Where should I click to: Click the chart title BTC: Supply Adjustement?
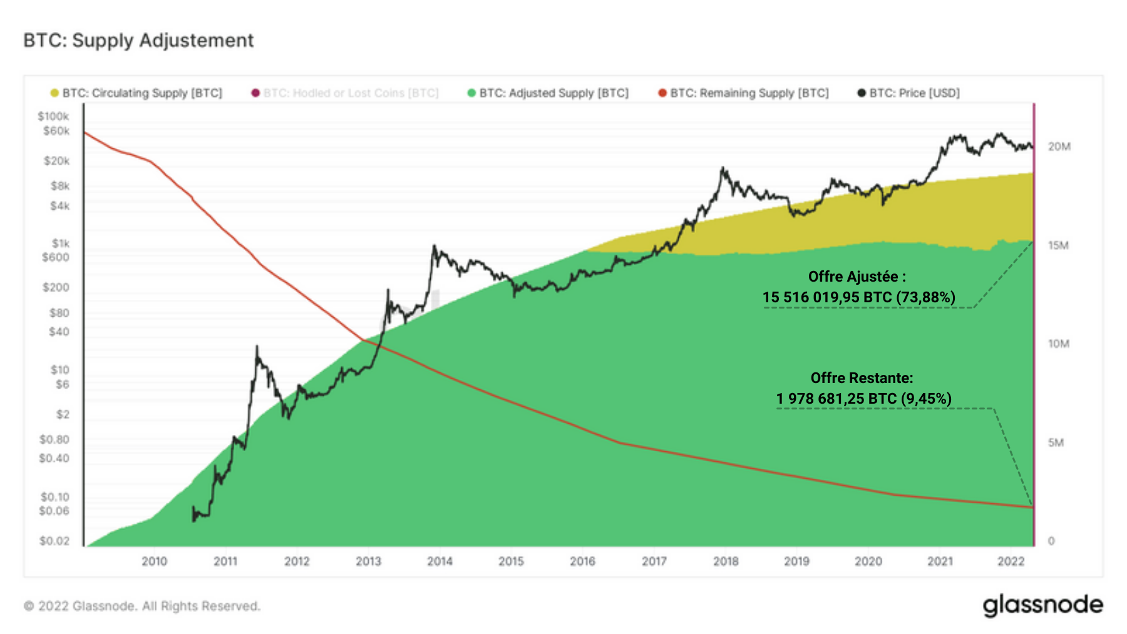pyautogui.click(x=138, y=41)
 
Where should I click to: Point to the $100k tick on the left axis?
pyautogui.click(x=53, y=116)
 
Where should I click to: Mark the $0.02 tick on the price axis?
pyautogui.click(x=54, y=541)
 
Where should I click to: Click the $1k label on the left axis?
pyautogui.click(x=61, y=243)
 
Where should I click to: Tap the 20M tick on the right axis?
pyautogui.click(x=1059, y=146)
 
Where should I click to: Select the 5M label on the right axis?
pyautogui.click(x=1056, y=442)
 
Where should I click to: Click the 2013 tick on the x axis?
pyautogui.click(x=368, y=561)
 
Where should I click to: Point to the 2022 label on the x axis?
pyautogui.click(x=1011, y=561)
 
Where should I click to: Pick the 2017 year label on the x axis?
pyautogui.click(x=654, y=561)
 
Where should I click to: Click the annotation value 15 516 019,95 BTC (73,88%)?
pyautogui.click(x=858, y=297)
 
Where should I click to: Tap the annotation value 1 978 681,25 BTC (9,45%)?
pyautogui.click(x=863, y=399)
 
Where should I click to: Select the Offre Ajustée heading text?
pyautogui.click(x=857, y=277)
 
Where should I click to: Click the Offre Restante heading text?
pyautogui.click(x=862, y=378)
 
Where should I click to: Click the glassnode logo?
pyautogui.click(x=1042, y=605)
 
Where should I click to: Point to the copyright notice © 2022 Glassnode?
pyautogui.click(x=142, y=606)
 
